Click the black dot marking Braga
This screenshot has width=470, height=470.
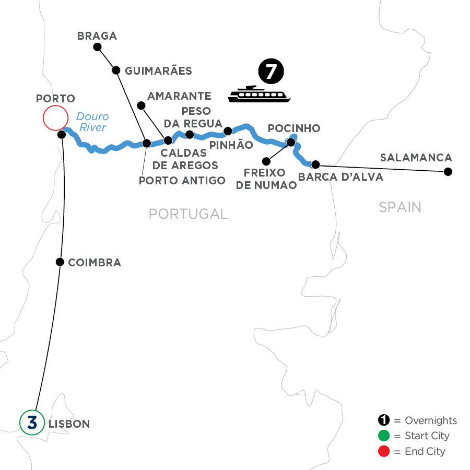pyautogui.click(x=97, y=47)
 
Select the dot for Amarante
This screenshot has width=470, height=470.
pyautogui.click(x=140, y=105)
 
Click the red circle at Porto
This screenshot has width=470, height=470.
pyautogui.click(x=55, y=118)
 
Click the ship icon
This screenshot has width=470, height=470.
pyautogui.click(x=259, y=93)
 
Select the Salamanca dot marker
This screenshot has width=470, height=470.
pyautogui.click(x=448, y=171)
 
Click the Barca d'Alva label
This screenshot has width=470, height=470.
pyautogui.click(x=340, y=177)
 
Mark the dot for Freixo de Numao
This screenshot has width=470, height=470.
pyautogui.click(x=266, y=160)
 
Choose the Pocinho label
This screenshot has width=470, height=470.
pyautogui.click(x=293, y=128)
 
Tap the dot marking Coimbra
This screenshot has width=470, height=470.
pyautogui.click(x=61, y=262)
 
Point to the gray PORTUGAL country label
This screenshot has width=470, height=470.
pyautogui.click(x=188, y=214)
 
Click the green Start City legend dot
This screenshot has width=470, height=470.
pyautogui.click(x=384, y=436)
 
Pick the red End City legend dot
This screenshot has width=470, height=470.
pyautogui.click(x=384, y=451)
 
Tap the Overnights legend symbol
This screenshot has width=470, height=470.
pyautogui.click(x=384, y=420)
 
